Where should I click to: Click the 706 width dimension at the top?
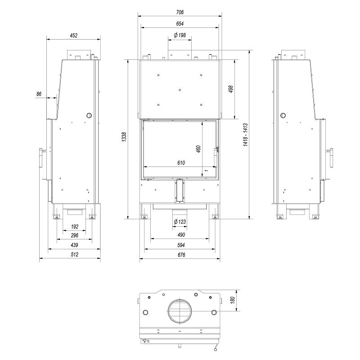tap(180, 12)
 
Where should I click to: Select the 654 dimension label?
tap(180, 24)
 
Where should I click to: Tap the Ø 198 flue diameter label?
tap(180, 35)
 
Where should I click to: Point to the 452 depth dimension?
tap(74, 36)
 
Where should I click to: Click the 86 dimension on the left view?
tap(39, 94)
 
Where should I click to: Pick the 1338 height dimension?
tap(124, 137)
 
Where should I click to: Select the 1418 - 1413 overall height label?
tap(245, 135)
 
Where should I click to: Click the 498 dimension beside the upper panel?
tap(231, 89)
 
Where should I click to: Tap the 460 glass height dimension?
tap(198, 149)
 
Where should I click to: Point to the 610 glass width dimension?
tap(181, 163)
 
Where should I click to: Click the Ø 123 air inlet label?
tap(180, 222)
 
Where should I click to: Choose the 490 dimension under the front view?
tap(181, 235)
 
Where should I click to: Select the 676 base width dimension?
tap(181, 255)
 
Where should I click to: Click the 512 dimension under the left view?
tap(74, 254)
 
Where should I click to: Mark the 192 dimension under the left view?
tap(75, 227)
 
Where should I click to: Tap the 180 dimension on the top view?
tap(232, 300)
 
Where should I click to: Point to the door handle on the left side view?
tap(41, 158)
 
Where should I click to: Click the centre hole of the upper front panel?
tap(180, 90)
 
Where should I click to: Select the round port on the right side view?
tap(283, 116)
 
